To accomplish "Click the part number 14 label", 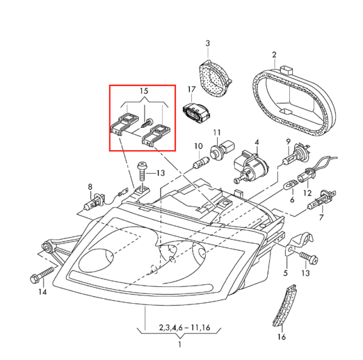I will pyautogui.click(x=42, y=292).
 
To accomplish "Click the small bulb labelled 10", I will pyautogui.click(x=199, y=163).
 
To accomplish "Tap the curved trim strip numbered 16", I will pyautogui.click(x=283, y=309).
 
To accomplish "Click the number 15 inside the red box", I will pyautogui.click(x=143, y=91).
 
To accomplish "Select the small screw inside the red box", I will pyautogui.click(x=146, y=122).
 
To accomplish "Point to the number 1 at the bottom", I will pyautogui.click(x=180, y=345).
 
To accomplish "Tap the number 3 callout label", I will pyautogui.click(x=207, y=43).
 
